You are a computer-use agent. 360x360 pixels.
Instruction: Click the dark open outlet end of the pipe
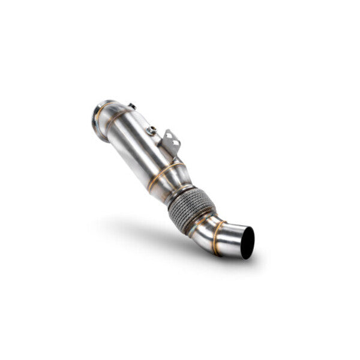247,242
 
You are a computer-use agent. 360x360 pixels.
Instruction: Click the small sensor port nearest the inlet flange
131,107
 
